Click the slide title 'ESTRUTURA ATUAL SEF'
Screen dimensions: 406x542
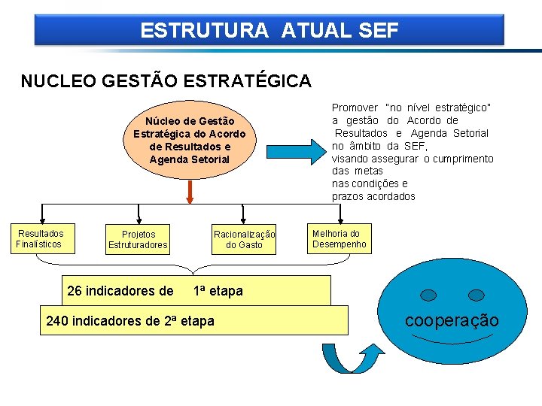click(269, 31)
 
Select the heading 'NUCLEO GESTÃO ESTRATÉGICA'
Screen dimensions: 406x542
click(166, 80)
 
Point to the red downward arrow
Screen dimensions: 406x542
click(190, 191)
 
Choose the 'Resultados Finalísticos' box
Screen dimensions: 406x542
click(41, 238)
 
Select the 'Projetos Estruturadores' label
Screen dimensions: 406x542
click(138, 239)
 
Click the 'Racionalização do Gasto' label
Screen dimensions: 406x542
click(245, 239)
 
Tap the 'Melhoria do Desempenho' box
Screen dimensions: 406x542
click(340, 238)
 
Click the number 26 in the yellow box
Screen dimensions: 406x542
click(75, 291)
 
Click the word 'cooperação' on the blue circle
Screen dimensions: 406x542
click(452, 320)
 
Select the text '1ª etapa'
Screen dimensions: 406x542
click(218, 291)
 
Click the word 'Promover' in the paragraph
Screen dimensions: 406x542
click(354, 108)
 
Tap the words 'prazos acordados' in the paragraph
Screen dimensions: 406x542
click(373, 196)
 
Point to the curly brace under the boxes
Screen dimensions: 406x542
click(193, 265)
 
